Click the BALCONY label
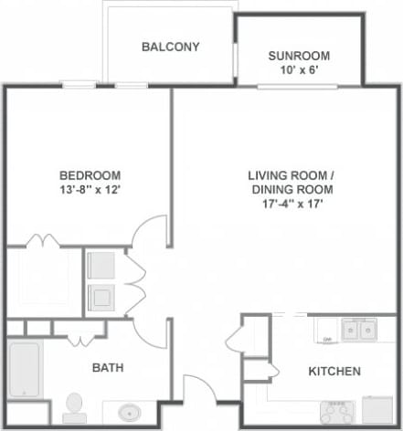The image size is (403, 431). [x=170, y=47]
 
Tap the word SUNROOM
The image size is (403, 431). [x=299, y=56]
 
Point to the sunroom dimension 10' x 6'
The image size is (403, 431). [x=299, y=69]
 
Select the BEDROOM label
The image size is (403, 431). [x=90, y=175]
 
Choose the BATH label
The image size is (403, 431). [x=108, y=368]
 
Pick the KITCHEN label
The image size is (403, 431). [x=334, y=372]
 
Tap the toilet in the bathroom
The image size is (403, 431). [x=74, y=405]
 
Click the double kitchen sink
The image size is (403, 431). [x=357, y=329]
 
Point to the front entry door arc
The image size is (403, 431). [x=197, y=388]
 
